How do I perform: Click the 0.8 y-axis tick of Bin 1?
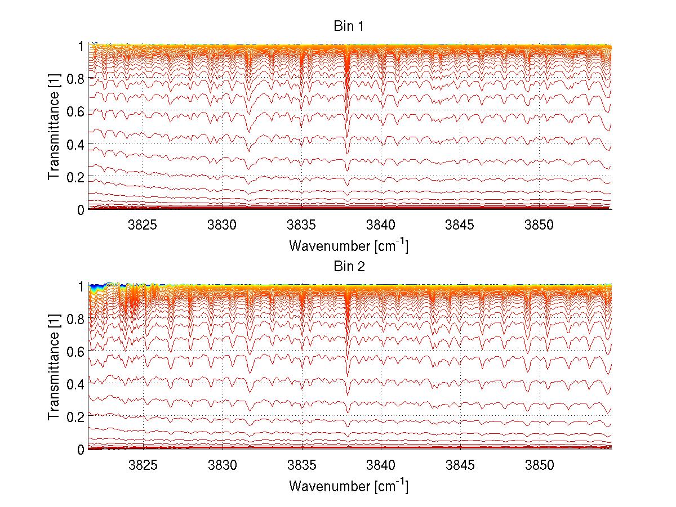pyautogui.click(x=75, y=79)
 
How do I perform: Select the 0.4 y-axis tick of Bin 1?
pyautogui.click(x=75, y=144)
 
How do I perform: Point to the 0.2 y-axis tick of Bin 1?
pyautogui.click(x=75, y=177)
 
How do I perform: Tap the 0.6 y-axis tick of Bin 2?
pyautogui.click(x=75, y=351)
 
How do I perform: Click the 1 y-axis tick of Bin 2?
pyautogui.click(x=81, y=286)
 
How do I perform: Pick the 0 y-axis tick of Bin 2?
pyautogui.click(x=81, y=449)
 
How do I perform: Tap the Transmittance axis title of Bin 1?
pyautogui.click(x=54, y=127)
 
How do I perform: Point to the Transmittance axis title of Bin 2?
pyautogui.click(x=54, y=367)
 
